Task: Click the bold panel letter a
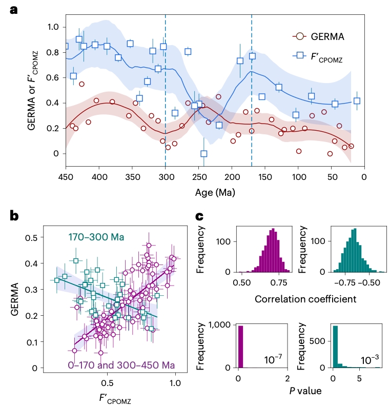click(x=15, y=10)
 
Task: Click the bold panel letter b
click(x=15, y=215)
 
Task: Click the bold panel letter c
click(x=201, y=215)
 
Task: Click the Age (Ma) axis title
click(x=215, y=194)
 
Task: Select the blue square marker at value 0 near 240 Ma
click(x=204, y=153)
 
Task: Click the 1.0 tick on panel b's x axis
click(x=176, y=382)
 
